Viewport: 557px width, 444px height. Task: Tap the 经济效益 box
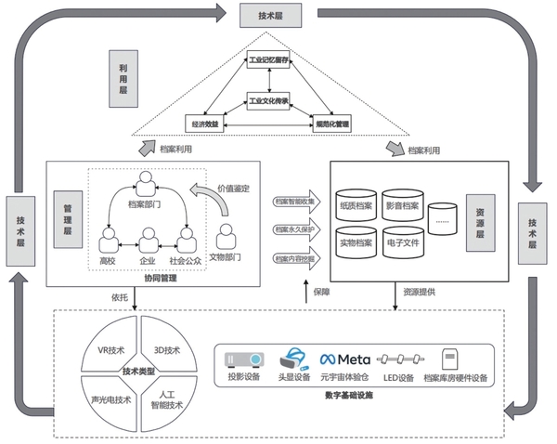tap(205, 123)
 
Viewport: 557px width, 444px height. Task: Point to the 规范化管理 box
tap(330, 123)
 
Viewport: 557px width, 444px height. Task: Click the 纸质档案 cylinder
tap(357, 204)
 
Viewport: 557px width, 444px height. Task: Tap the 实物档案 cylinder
tap(357, 243)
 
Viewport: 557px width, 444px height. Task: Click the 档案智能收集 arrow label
tap(293, 201)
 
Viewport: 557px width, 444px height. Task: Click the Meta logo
tap(346, 359)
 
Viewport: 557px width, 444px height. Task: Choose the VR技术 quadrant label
tap(110, 350)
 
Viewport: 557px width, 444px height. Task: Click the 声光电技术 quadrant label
tap(110, 400)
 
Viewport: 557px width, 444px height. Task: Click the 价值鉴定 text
tap(232, 189)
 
